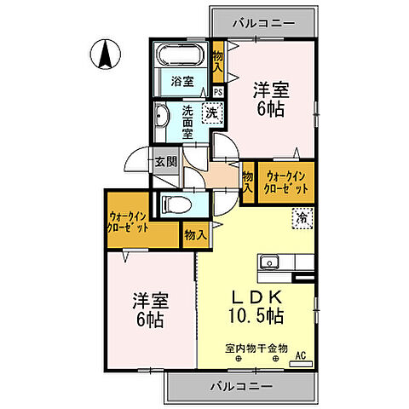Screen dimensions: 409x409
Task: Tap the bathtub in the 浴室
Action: (x=179, y=58)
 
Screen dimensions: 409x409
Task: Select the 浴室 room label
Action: (x=181, y=83)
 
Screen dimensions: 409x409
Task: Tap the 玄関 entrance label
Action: (x=165, y=162)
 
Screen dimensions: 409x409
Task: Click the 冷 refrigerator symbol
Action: (x=302, y=218)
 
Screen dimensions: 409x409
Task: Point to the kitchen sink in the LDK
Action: (x=269, y=261)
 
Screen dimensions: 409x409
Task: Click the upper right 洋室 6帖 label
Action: (x=270, y=96)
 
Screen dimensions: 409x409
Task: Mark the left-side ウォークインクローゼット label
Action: (x=130, y=223)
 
